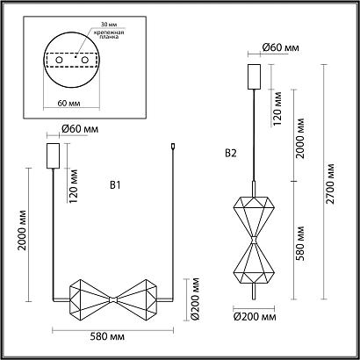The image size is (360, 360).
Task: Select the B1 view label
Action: click(x=114, y=186)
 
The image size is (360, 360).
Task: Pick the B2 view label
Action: click(x=231, y=152)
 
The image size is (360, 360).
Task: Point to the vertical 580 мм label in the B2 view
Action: click(x=302, y=248)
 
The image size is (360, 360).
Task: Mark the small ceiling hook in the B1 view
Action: click(x=175, y=148)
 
